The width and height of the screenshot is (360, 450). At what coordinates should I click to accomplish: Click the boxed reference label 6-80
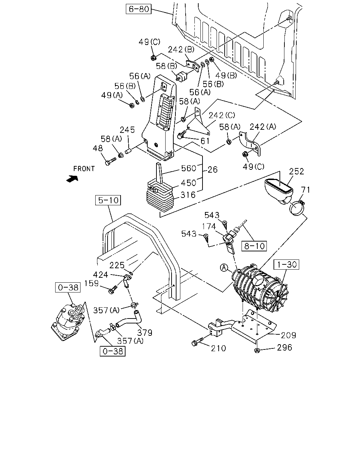[139, 9]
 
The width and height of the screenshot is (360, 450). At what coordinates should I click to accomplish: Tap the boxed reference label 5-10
[108, 200]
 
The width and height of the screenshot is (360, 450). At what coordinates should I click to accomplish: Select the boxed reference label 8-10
[254, 246]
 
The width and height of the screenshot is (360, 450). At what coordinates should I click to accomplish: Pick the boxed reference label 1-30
[287, 264]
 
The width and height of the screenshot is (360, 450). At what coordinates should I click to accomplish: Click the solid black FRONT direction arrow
[72, 178]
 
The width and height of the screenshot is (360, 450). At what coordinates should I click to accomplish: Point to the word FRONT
[84, 168]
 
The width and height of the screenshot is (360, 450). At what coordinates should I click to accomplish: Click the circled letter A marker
[224, 268]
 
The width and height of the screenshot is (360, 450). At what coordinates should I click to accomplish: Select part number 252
[296, 172]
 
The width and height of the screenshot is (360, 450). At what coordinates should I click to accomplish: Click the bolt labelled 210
[198, 341]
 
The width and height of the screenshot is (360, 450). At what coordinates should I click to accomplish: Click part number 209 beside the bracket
[289, 335]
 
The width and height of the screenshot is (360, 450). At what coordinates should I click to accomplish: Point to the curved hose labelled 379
[129, 320]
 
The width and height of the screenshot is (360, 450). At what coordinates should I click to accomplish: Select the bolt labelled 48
[110, 161]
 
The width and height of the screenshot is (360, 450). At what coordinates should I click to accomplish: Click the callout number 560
[188, 168]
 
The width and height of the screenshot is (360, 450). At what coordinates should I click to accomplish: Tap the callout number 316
[188, 195]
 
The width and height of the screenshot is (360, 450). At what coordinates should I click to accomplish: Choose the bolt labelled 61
[181, 134]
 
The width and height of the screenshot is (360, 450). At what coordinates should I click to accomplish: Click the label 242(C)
[222, 115]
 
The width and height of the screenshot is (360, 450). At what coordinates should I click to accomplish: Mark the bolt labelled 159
[113, 290]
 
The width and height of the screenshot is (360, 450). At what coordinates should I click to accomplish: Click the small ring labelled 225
[131, 273]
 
